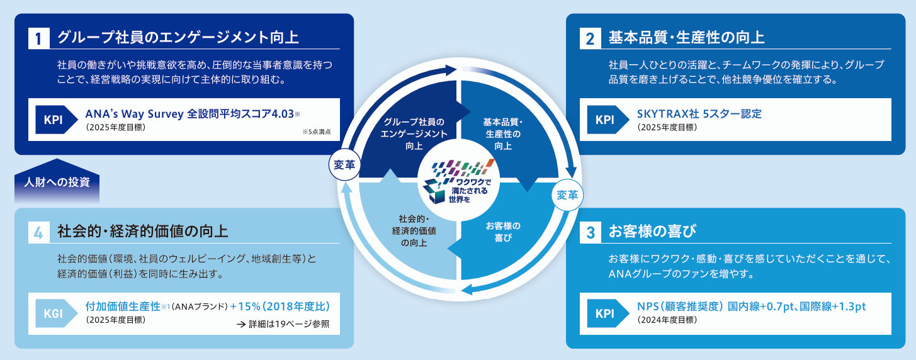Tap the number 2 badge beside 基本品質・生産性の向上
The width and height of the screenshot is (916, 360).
pyautogui.click(x=590, y=38)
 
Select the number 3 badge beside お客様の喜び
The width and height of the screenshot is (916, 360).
pyautogui.click(x=590, y=232)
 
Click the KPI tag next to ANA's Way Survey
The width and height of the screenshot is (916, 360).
pyautogui.click(x=54, y=120)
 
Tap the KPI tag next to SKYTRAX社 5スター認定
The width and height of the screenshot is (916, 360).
pyautogui.click(x=604, y=120)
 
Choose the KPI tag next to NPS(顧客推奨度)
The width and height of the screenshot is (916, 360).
pyautogui.click(x=604, y=313)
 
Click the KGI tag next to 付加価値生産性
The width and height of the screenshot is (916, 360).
pyautogui.click(x=54, y=313)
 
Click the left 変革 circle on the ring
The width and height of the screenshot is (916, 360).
pyautogui.click(x=344, y=166)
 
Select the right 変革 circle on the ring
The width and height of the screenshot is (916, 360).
pyautogui.click(x=568, y=195)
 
